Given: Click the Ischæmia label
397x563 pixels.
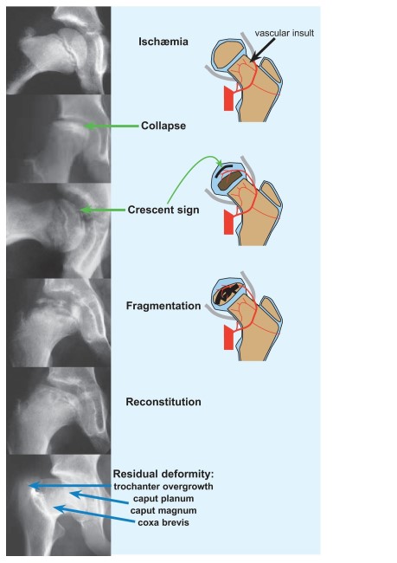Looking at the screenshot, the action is tap(163, 42).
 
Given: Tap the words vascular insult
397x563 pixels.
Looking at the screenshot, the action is tap(285, 33).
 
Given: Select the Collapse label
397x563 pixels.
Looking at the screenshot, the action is tap(163, 126).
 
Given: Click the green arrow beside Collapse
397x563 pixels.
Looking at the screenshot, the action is tap(112, 126).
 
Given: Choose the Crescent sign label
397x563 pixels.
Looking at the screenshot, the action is tap(163, 210).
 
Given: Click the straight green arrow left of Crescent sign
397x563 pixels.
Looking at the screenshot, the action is tap(102, 210).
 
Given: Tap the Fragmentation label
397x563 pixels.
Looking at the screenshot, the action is tap(163, 306).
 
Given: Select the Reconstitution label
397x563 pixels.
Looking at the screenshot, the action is tap(163, 402).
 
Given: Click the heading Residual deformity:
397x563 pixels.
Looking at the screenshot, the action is tap(163, 474).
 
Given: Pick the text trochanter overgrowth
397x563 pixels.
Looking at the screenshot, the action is tap(163, 487).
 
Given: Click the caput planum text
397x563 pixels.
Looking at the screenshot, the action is tap(163, 499).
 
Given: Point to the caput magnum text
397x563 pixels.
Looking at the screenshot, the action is tap(163, 510).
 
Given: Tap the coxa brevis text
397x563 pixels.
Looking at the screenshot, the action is tap(163, 522).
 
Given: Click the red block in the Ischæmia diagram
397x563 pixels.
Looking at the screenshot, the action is tap(229, 98).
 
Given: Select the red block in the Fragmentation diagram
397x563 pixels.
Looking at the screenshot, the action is tap(229, 337).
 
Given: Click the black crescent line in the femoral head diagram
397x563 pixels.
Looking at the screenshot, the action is tap(228, 168).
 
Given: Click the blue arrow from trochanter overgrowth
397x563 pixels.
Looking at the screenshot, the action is tap(71, 486).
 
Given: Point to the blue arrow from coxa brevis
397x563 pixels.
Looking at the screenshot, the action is tap(94, 514).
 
